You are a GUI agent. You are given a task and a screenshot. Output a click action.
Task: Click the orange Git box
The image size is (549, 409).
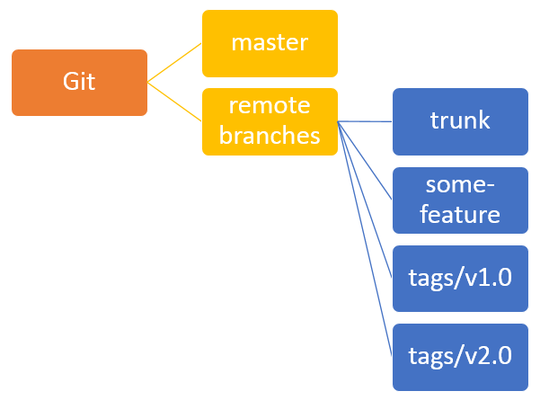79,83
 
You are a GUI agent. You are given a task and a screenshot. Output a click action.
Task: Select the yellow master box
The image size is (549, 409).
270,43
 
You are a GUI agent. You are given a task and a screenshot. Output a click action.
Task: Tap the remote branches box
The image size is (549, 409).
270,121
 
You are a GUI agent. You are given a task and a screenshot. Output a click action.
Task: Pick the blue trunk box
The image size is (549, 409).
460,121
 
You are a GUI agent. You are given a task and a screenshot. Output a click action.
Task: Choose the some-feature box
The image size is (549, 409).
460,200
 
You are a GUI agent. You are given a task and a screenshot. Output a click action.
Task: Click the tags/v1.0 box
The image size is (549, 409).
460,279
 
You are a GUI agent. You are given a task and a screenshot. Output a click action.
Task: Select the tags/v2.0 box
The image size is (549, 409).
460,357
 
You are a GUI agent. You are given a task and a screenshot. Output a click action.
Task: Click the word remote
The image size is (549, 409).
270,105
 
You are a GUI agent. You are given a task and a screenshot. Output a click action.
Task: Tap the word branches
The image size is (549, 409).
270,135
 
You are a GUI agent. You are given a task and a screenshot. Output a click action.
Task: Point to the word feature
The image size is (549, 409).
460,214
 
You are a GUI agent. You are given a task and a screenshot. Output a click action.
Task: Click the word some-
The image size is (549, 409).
460,184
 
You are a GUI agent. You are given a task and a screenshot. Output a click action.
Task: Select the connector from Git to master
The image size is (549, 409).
174,63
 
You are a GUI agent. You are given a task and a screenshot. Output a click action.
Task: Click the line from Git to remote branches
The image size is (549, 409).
174,102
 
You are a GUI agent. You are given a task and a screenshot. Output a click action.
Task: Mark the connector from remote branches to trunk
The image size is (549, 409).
365,121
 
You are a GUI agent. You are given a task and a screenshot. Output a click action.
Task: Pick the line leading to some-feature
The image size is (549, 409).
365,161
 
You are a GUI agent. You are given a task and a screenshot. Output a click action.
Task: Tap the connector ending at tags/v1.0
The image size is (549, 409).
365,200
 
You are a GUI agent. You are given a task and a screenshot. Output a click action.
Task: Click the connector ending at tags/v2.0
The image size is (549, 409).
365,239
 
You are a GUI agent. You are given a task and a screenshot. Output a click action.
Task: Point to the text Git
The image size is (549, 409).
79,82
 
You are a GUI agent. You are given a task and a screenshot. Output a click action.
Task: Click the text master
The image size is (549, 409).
270,43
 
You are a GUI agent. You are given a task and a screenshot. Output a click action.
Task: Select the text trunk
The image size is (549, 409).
460,120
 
